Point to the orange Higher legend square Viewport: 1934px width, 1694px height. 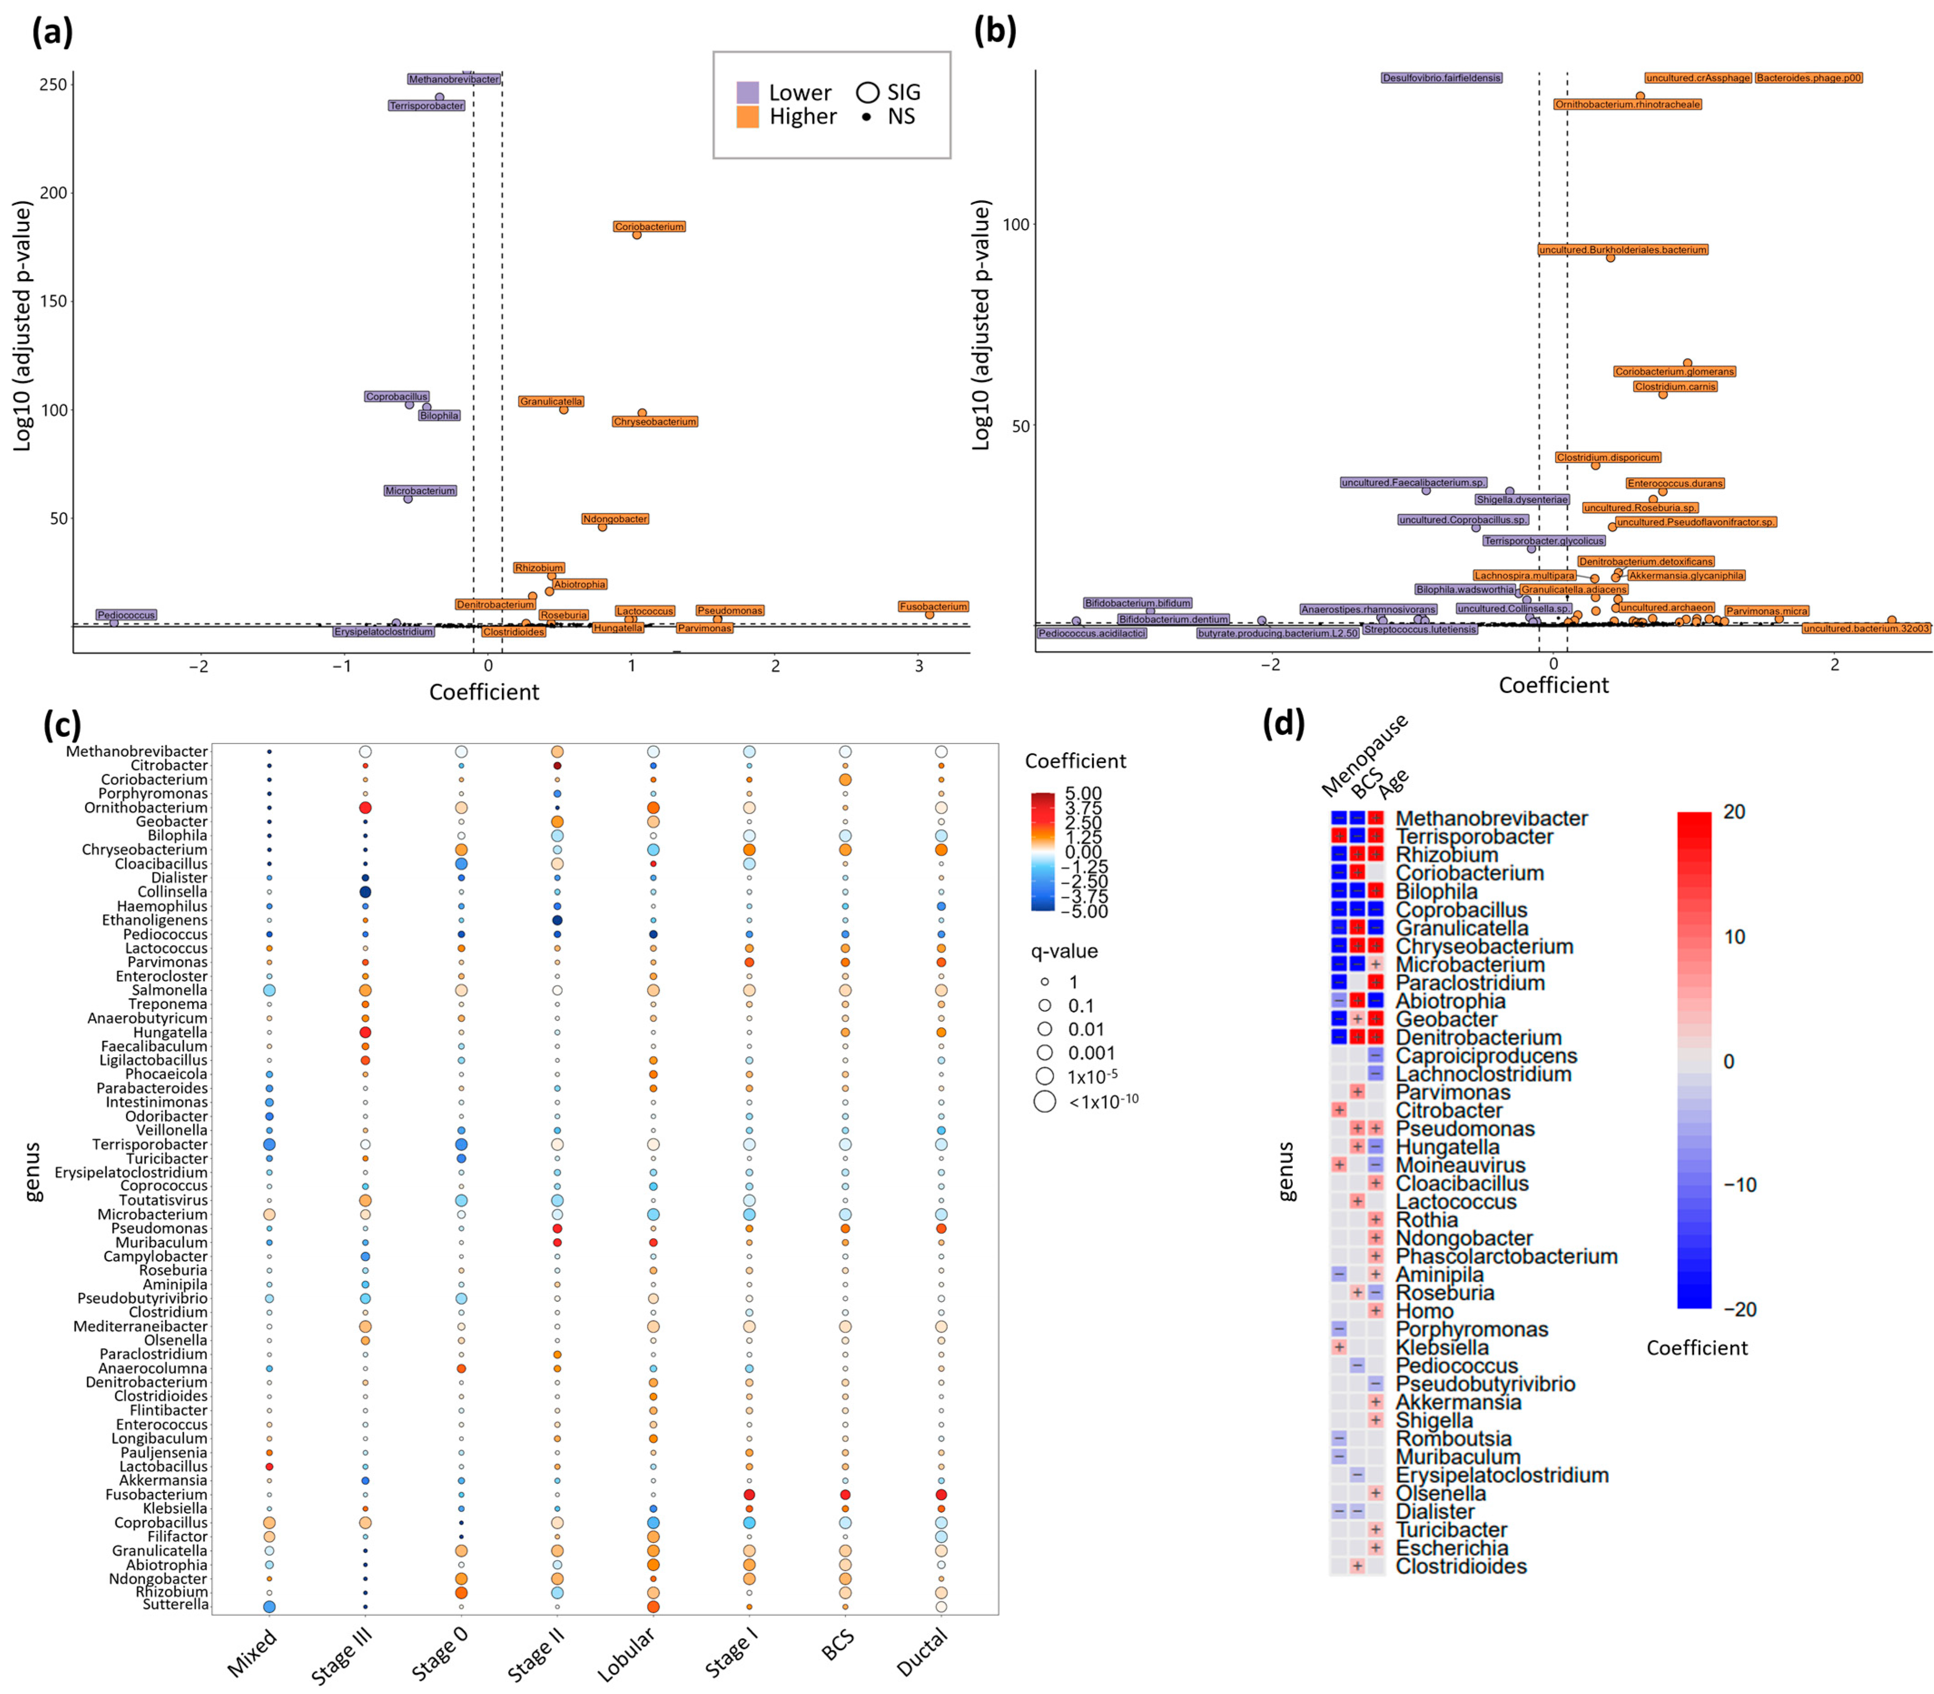pyautogui.click(x=747, y=116)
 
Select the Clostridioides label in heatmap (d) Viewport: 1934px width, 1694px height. pyautogui.click(x=1460, y=1566)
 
